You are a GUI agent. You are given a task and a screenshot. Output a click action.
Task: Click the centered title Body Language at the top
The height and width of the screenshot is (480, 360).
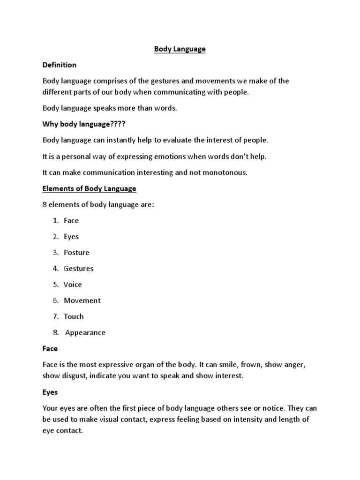(x=180, y=49)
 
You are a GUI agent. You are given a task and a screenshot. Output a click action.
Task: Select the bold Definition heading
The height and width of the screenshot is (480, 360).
(x=60, y=65)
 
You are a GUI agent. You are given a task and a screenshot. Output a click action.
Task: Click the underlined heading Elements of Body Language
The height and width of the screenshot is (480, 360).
(x=89, y=188)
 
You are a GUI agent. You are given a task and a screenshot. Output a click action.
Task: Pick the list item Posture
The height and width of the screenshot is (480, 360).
(x=76, y=253)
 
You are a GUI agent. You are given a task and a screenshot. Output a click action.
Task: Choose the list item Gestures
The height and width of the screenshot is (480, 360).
(x=79, y=269)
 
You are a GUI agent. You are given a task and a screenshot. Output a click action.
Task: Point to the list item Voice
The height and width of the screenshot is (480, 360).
(x=73, y=285)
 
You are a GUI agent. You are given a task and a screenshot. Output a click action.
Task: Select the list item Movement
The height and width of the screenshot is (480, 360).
(x=82, y=300)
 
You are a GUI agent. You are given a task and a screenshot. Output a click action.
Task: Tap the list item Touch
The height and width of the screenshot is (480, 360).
(x=74, y=316)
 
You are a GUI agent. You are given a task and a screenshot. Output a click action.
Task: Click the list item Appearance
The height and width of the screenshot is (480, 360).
(x=85, y=333)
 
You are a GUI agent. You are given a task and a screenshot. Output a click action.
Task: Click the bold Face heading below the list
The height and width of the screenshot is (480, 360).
(x=50, y=349)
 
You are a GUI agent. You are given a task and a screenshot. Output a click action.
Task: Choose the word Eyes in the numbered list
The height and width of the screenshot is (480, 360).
(x=71, y=237)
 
